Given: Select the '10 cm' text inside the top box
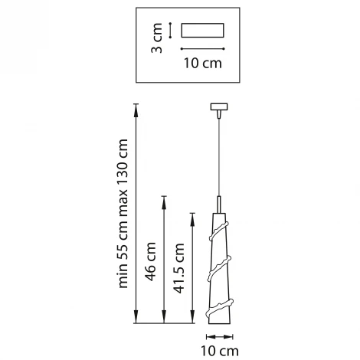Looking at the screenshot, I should coord(203,63).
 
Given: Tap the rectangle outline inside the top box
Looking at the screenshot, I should coord(203,31).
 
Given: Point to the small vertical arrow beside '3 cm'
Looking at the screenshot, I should coord(170,31).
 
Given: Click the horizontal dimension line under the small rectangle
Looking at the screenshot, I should coord(203,48).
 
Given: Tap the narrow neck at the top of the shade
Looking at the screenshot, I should coord(220,207).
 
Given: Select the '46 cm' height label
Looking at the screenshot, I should coord(150,260).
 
